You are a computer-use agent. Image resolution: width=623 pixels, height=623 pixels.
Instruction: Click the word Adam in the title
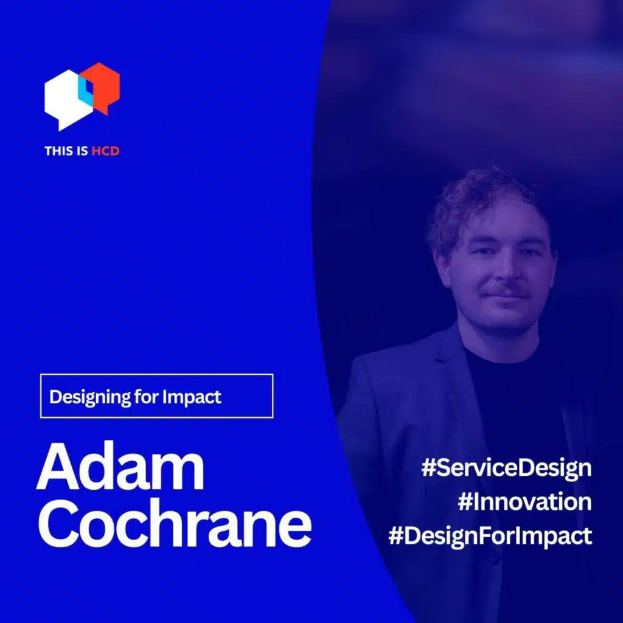pyautogui.click(x=120, y=467)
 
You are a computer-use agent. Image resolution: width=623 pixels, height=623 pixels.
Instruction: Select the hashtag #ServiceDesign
pyautogui.click(x=506, y=468)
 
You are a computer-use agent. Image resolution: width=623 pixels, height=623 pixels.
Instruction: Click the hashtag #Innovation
pyautogui.click(x=524, y=503)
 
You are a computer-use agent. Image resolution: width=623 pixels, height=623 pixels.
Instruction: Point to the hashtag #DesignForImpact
pyautogui.click(x=490, y=537)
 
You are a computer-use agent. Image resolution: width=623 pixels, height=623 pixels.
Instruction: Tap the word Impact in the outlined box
pyautogui.click(x=192, y=397)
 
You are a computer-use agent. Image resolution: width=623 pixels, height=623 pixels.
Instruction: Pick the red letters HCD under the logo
pyautogui.click(x=105, y=150)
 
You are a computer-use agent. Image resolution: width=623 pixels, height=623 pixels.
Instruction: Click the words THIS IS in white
pyautogui.click(x=66, y=150)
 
